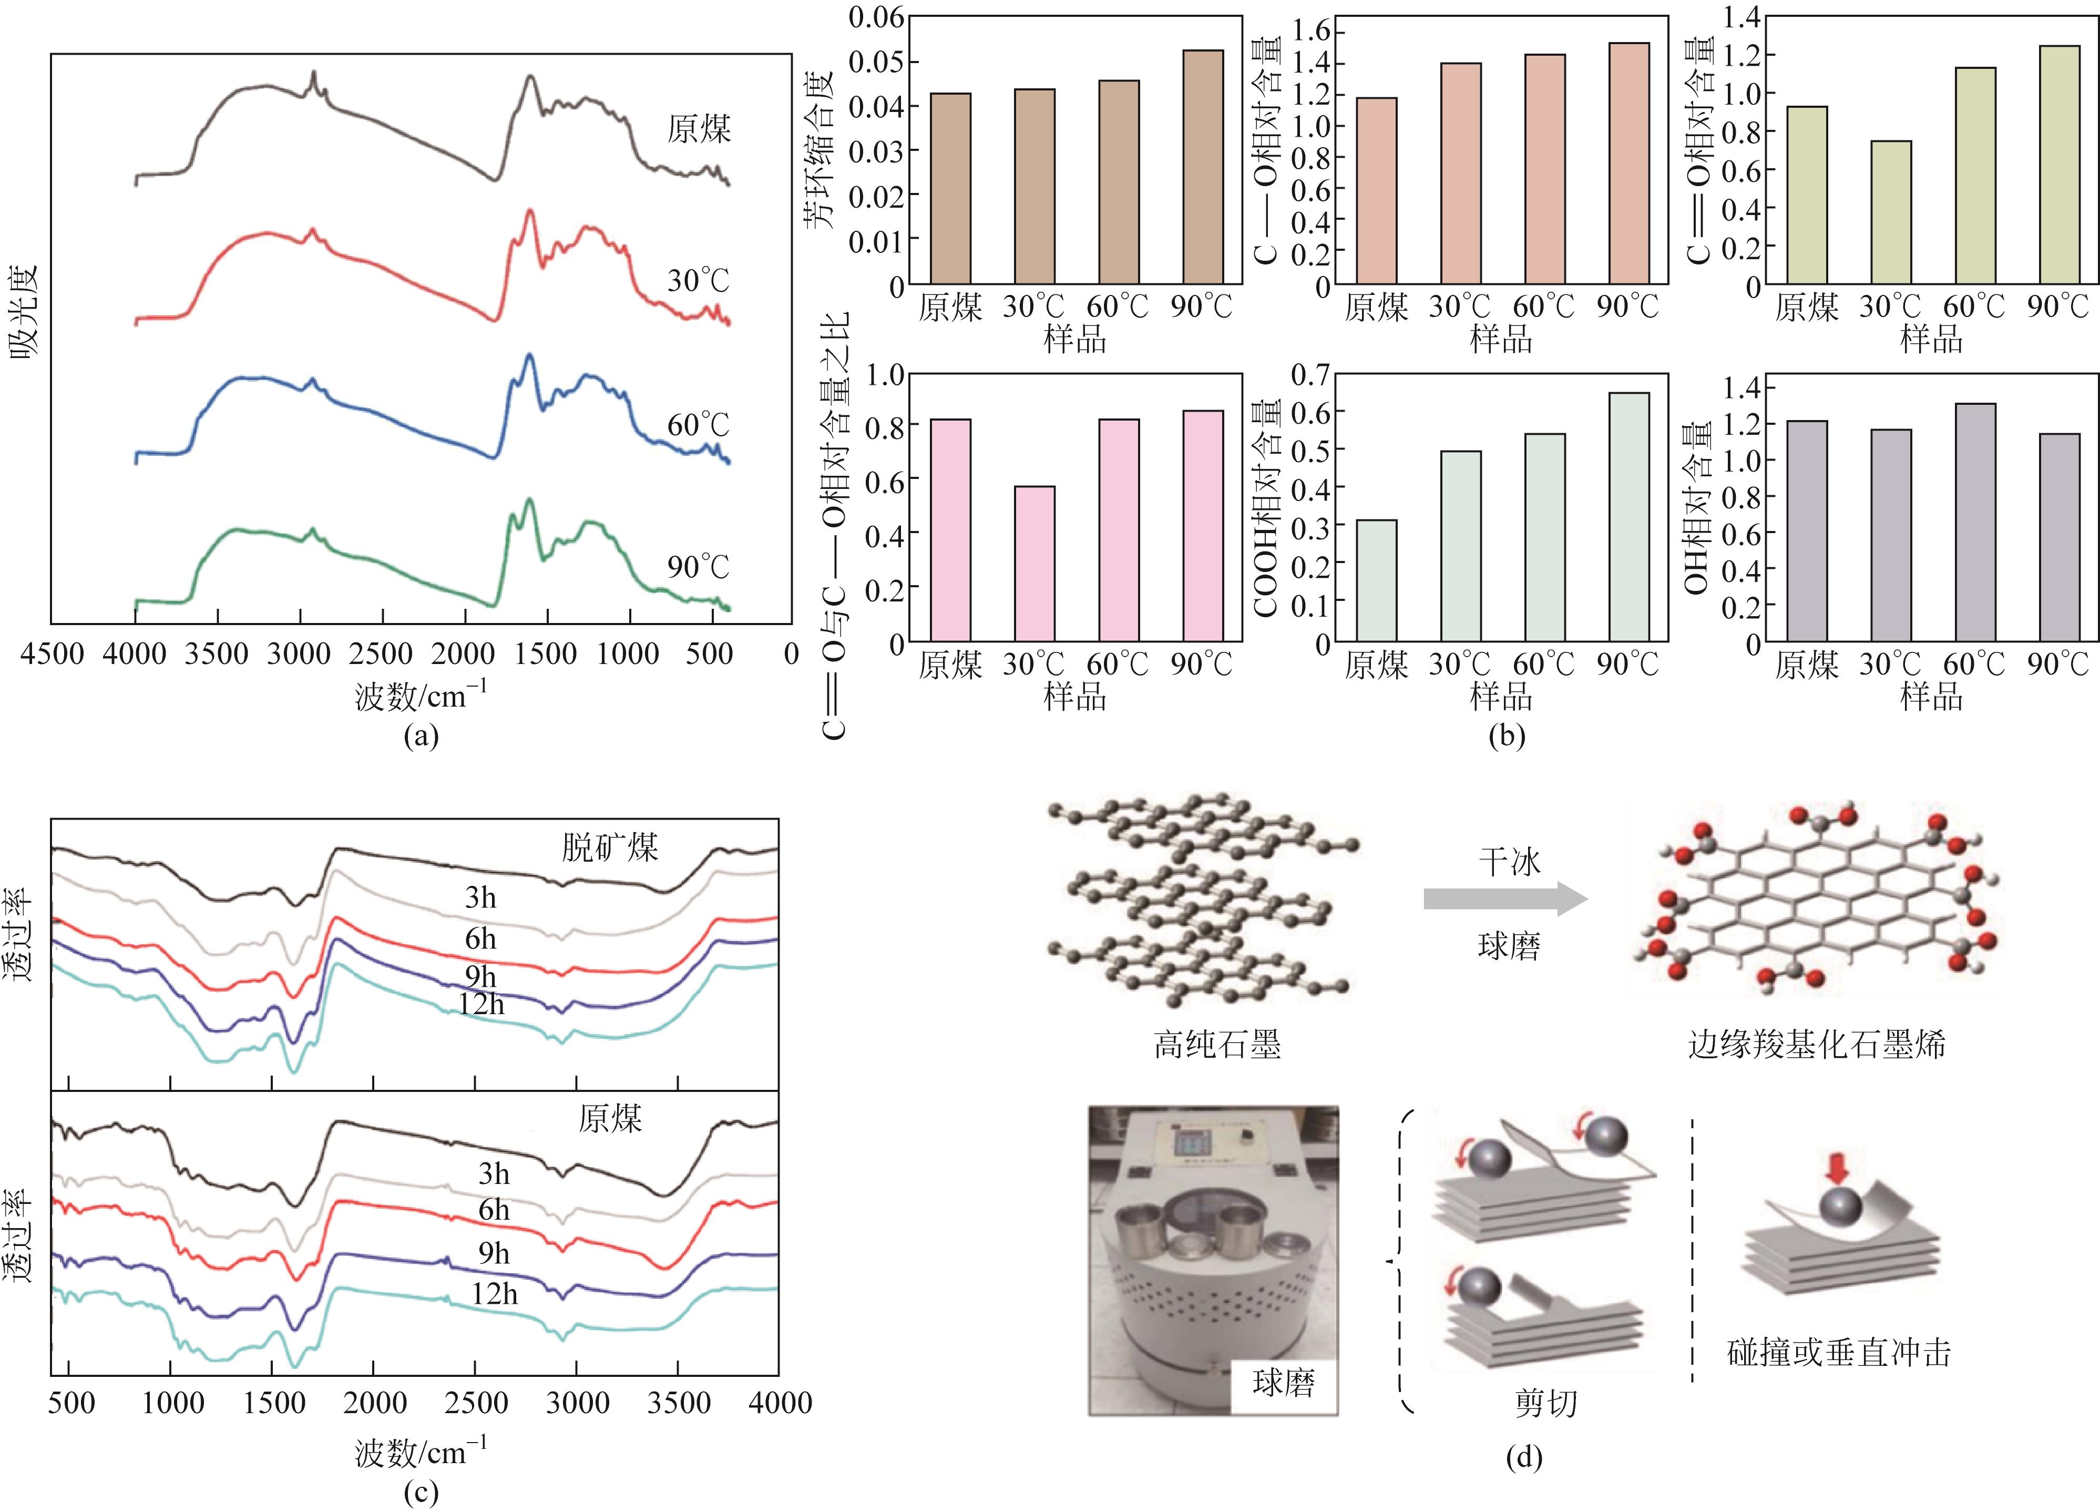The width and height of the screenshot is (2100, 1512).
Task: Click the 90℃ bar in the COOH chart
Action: point(1630,517)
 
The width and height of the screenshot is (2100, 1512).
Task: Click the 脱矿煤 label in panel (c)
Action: point(609,847)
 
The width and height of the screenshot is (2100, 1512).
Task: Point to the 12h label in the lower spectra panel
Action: point(495,1293)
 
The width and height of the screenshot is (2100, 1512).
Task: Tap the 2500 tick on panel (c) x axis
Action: point(475,1403)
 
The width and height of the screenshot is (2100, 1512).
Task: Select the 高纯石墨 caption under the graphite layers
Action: point(1217,1045)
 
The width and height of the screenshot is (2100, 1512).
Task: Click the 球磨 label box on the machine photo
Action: point(1283,1384)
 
